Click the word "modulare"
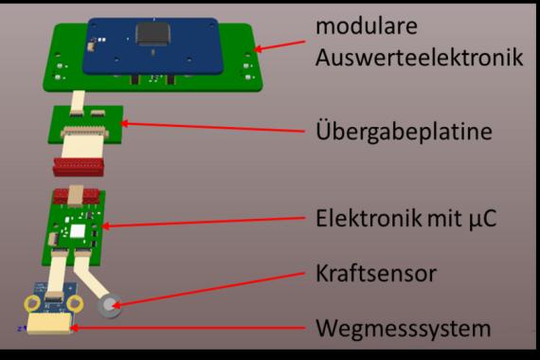[x=366, y=26]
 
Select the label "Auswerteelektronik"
[x=419, y=57]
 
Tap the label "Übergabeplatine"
[x=404, y=131]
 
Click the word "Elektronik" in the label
[x=369, y=218]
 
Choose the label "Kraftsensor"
[x=376, y=273]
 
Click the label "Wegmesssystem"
[x=403, y=329]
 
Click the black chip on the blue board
[x=153, y=34]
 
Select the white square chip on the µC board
[x=78, y=231]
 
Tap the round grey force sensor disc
[x=110, y=306]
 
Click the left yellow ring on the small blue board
[x=32, y=303]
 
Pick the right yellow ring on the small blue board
[x=75, y=303]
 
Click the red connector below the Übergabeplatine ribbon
[x=79, y=167]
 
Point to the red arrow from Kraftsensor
[x=208, y=289]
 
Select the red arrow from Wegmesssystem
[x=188, y=328]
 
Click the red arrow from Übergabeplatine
[x=213, y=127]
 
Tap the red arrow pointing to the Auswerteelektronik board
[x=279, y=45]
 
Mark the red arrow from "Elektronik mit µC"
[x=204, y=222]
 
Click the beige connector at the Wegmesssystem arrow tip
[x=49, y=324]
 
